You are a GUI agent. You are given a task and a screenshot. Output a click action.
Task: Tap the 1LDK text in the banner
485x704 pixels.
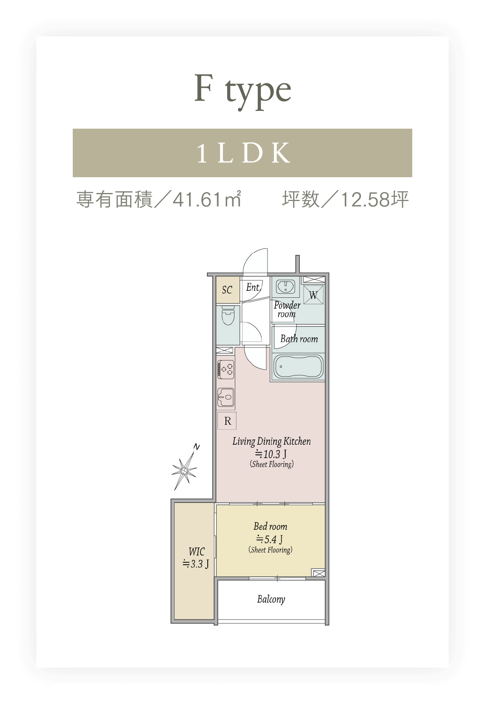click(x=244, y=153)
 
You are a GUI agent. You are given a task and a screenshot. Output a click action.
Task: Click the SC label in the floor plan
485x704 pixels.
click(x=227, y=290)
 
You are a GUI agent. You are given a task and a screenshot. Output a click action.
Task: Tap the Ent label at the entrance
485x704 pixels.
click(x=253, y=287)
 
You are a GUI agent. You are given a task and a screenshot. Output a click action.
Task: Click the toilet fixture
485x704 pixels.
click(x=228, y=316)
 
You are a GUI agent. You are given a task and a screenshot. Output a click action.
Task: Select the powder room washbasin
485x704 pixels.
click(x=286, y=286)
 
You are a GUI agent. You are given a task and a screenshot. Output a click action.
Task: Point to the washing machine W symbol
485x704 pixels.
click(x=314, y=295)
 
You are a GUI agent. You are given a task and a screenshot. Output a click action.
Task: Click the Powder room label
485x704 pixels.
click(x=287, y=310)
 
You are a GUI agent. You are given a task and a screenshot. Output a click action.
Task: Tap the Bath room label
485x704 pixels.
click(x=299, y=339)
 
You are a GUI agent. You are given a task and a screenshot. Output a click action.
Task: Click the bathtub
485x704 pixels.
click(x=298, y=366)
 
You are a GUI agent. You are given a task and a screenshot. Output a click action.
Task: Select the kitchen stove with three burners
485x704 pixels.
click(x=226, y=369)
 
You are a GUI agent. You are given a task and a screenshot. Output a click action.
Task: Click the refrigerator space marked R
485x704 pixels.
click(x=227, y=421)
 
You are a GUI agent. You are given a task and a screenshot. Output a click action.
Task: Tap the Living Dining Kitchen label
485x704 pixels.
click(x=272, y=441)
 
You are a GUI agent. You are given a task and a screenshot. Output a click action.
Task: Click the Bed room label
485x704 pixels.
click(x=270, y=526)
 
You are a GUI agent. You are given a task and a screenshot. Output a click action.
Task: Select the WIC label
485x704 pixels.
click(x=196, y=551)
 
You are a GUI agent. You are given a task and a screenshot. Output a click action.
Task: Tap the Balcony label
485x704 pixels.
click(x=271, y=599)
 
